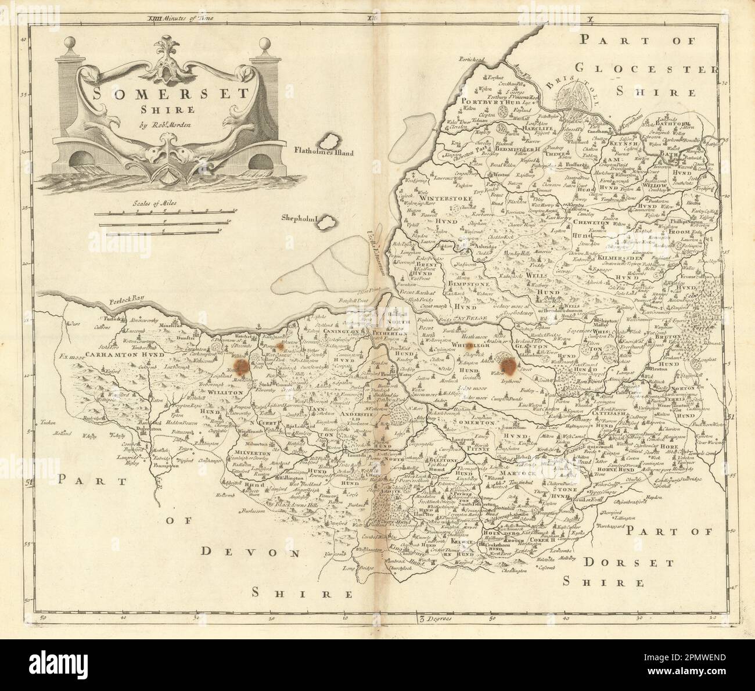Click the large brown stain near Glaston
coord(509,365)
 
